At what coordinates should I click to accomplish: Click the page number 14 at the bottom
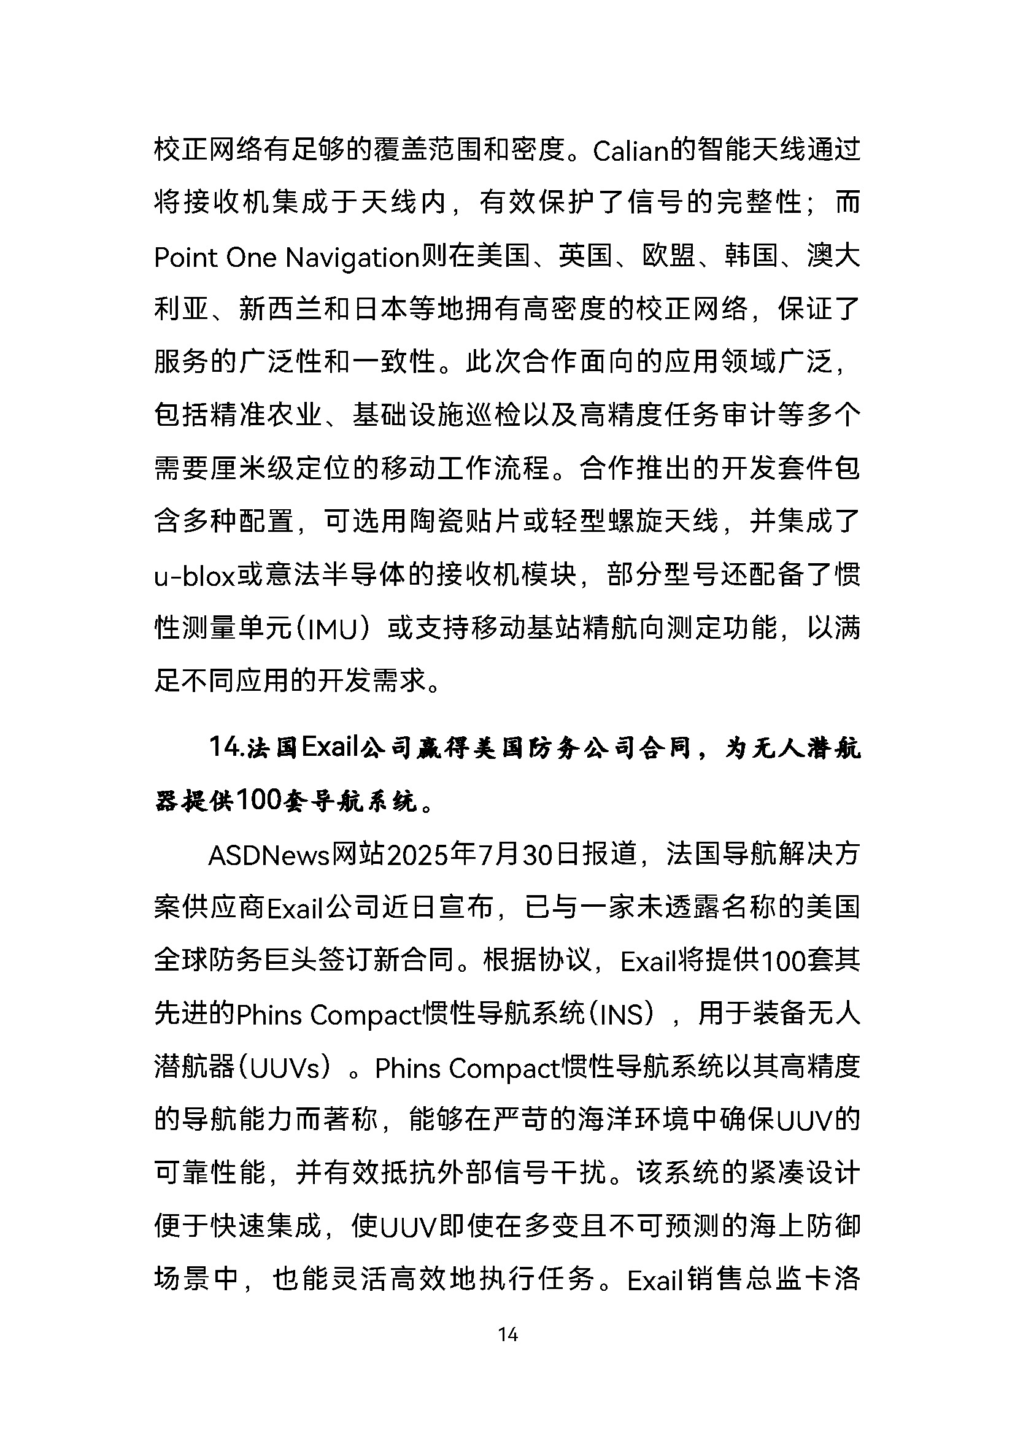[x=507, y=1334]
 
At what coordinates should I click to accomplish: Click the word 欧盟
[x=669, y=257]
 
